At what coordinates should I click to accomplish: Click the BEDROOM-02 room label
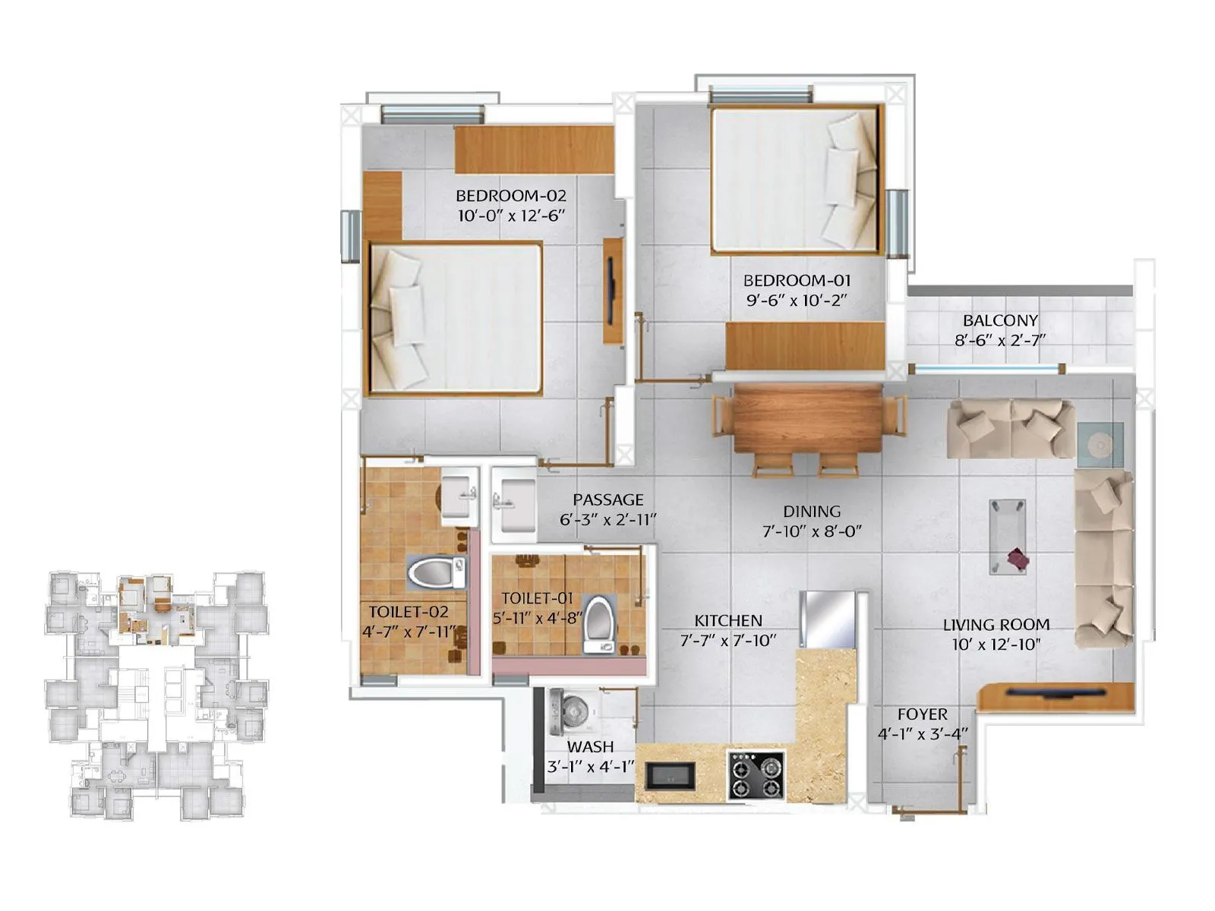[510, 196]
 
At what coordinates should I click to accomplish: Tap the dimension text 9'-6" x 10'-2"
[796, 301]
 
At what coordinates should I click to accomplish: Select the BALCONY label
[999, 320]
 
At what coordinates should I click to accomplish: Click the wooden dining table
[808, 419]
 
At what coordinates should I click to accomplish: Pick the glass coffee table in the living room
[1008, 536]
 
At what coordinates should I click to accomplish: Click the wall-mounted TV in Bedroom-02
[611, 291]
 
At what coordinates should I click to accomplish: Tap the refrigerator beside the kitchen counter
[829, 618]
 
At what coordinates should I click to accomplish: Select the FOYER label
[922, 714]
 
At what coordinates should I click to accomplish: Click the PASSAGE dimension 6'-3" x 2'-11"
[607, 520]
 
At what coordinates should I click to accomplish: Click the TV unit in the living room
[1056, 695]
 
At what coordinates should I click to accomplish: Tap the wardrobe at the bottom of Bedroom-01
[805, 345]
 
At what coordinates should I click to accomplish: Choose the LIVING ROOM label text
[996, 625]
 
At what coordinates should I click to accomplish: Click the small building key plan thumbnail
[156, 695]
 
